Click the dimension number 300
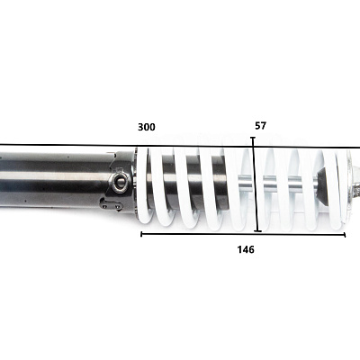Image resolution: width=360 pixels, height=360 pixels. pyautogui.click(x=147, y=127)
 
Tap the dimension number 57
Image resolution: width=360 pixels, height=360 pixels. pyautogui.click(x=260, y=126)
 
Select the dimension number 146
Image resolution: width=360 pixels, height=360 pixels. pyautogui.click(x=246, y=249)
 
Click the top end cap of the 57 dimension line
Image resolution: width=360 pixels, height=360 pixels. pyautogui.click(x=253, y=138)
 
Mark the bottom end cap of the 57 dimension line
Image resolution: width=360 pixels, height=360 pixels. pyautogui.click(x=257, y=231)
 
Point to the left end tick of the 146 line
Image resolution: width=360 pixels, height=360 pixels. pyautogui.click(x=141, y=234)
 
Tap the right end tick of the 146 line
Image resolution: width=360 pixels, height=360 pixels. pyautogui.click(x=345, y=235)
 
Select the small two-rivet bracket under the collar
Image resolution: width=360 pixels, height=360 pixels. pyautogui.click(x=111, y=205)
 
